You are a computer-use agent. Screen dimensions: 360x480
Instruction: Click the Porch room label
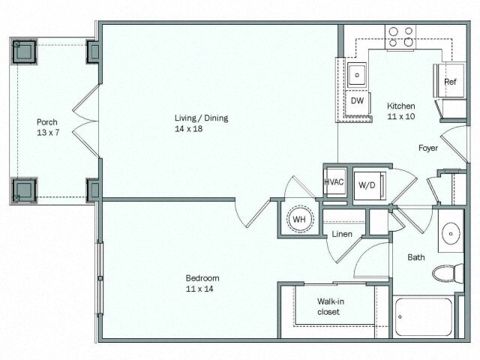(x=47, y=121)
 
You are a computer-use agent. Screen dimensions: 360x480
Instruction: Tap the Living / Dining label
(x=201, y=118)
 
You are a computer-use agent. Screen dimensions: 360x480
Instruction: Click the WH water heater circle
(x=298, y=220)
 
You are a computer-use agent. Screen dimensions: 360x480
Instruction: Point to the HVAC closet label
(x=334, y=182)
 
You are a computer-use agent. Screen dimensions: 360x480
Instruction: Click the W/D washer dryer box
(x=368, y=184)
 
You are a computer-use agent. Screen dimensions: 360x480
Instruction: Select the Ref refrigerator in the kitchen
(x=450, y=82)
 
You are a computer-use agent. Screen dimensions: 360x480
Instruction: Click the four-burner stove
(x=400, y=37)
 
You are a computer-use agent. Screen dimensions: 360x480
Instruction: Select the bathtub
(x=424, y=317)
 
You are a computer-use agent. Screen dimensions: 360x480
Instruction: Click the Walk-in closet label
(x=328, y=307)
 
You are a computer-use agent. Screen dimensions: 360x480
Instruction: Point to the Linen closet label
(x=342, y=235)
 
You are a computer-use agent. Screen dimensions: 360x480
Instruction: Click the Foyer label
(x=428, y=148)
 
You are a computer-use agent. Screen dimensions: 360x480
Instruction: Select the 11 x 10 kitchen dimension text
(x=401, y=117)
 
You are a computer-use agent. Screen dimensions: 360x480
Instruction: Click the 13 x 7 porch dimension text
(x=47, y=133)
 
